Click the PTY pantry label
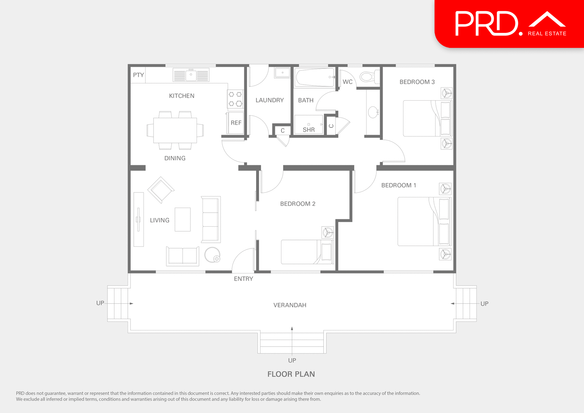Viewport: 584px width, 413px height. point(138,75)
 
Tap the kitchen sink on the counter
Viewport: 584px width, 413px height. point(191,75)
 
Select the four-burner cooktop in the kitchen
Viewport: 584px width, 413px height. point(235,99)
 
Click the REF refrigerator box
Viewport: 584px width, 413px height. point(236,123)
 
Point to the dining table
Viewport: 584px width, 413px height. point(175,130)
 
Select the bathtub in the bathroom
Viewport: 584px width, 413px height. point(315,78)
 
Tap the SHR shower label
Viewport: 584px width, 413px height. point(309,130)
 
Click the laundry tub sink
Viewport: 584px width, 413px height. point(282,73)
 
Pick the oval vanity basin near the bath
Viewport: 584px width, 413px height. point(373,112)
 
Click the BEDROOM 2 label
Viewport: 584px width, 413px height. point(297,204)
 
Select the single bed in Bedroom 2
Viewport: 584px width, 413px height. point(307,252)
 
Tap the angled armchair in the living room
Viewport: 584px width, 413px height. point(161,190)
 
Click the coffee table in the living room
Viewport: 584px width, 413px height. point(182,219)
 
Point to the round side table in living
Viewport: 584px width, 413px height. point(212,255)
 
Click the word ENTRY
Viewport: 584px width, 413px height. point(243,279)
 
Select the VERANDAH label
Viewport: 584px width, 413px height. point(290,305)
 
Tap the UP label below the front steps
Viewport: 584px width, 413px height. point(292,360)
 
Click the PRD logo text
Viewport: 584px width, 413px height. point(487,24)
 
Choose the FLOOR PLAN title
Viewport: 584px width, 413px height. point(291,374)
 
